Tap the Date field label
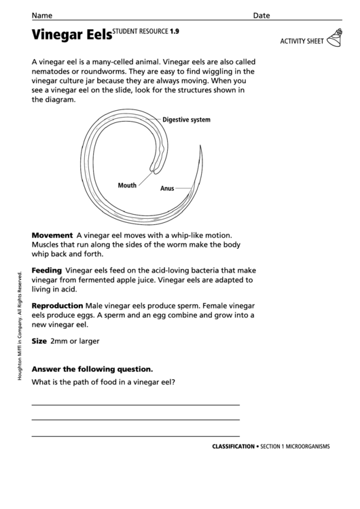[x=262, y=15]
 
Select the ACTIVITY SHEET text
[x=302, y=41]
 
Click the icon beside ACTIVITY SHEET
[x=336, y=39]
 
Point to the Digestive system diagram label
[x=186, y=120]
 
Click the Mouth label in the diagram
[x=127, y=185]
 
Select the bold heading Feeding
[x=47, y=270]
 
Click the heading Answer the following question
[x=92, y=370]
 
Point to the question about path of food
[x=104, y=383]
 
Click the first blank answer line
[x=136, y=404]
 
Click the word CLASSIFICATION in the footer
[x=233, y=446]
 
